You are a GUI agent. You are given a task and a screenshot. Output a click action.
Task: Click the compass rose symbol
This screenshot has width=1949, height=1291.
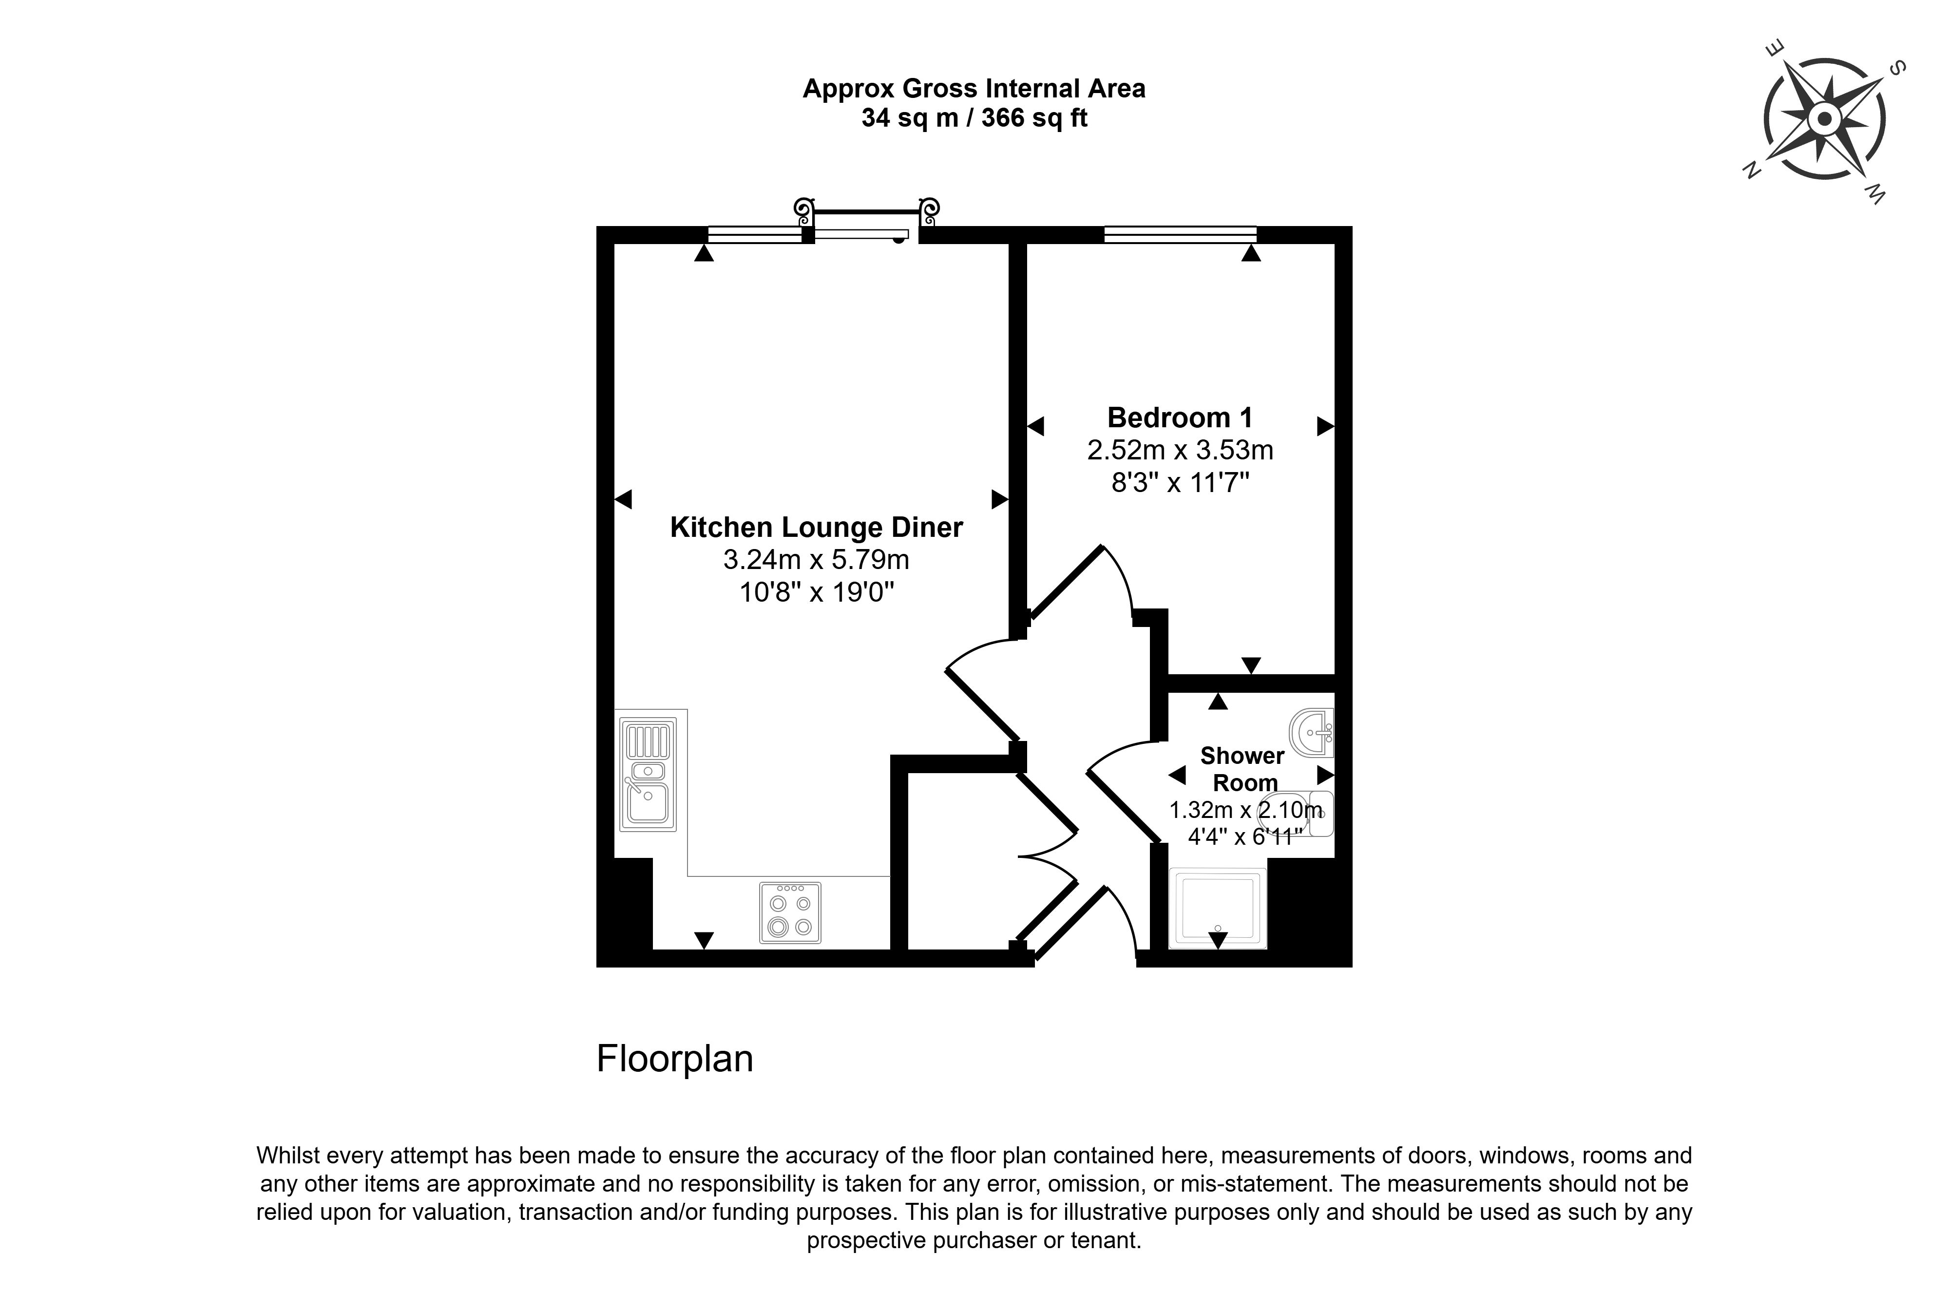click(1824, 119)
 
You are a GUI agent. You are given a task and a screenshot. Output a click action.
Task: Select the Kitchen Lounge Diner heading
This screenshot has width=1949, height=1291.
click(816, 527)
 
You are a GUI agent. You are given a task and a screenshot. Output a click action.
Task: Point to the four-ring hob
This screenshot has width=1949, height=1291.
click(790, 912)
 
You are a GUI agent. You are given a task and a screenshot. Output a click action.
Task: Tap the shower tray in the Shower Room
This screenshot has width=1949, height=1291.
click(1218, 908)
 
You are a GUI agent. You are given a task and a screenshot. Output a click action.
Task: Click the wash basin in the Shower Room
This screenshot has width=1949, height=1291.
click(1312, 732)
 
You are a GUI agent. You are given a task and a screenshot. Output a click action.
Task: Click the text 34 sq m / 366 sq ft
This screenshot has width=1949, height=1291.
click(974, 118)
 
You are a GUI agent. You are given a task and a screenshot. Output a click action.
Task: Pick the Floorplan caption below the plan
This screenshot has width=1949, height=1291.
click(674, 1059)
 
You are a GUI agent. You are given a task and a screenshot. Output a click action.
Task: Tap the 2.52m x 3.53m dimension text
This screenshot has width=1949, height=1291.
click(1180, 450)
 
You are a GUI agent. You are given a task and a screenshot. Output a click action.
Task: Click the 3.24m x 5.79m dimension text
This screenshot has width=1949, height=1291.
click(816, 560)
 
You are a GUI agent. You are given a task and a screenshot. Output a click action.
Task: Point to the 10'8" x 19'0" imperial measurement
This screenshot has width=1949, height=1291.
click(816, 592)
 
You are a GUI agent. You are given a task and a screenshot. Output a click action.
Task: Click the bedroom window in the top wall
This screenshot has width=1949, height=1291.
click(1180, 235)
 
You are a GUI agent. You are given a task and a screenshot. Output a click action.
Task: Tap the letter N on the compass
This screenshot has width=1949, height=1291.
click(1751, 170)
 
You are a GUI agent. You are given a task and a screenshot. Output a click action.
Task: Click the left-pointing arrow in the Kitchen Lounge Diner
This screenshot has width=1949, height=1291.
click(623, 499)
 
